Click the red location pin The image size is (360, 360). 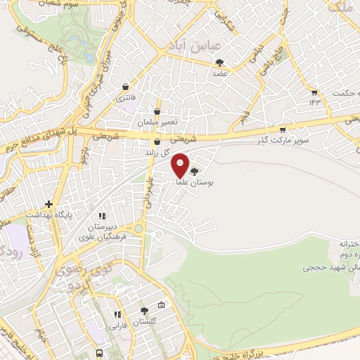tap(181, 165)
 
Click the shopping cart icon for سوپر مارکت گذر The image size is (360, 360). tap(283, 129)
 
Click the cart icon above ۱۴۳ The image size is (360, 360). tap(314, 92)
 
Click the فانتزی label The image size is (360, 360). tap(126, 96)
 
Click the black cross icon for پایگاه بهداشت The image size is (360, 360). tap(48, 203)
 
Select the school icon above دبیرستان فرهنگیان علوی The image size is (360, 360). tap(101, 216)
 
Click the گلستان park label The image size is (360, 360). tap(145, 321)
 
